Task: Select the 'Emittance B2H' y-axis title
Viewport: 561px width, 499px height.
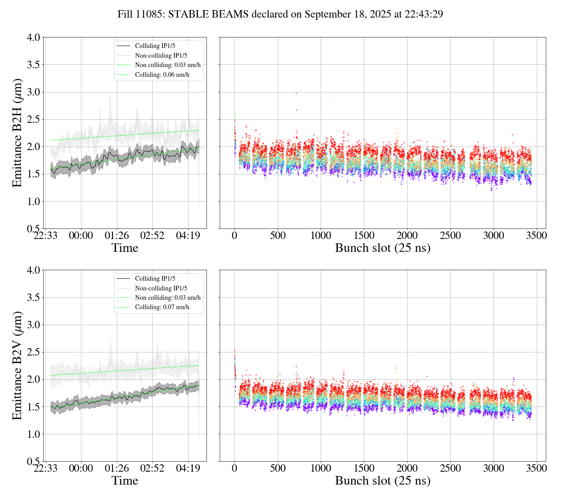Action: pyautogui.click(x=17, y=133)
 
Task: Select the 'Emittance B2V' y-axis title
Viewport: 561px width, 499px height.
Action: pyautogui.click(x=17, y=365)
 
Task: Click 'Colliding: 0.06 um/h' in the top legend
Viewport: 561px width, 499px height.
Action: pyautogui.click(x=162, y=74)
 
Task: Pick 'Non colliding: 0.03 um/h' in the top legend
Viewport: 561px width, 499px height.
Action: pyautogui.click(x=168, y=65)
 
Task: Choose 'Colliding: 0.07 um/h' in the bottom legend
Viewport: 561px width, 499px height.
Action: pyautogui.click(x=162, y=307)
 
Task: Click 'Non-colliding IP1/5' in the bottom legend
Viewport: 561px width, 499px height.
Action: pyautogui.click(x=161, y=288)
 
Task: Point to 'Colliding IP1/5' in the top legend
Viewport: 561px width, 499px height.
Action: pyautogui.click(x=155, y=46)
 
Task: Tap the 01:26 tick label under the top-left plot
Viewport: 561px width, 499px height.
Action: pyautogui.click(x=116, y=236)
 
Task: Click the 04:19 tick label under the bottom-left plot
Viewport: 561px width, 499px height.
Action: pyautogui.click(x=188, y=468)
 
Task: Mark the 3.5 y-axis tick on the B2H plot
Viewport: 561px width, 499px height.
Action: pyautogui.click(x=33, y=65)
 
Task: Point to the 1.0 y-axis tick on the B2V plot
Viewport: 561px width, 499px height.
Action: pyautogui.click(x=33, y=434)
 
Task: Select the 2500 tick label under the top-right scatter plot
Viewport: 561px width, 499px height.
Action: pyautogui.click(x=450, y=236)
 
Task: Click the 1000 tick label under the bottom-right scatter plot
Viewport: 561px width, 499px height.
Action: pyautogui.click(x=321, y=468)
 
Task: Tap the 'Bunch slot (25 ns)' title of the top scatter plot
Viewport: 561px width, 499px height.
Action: pyautogui.click(x=383, y=248)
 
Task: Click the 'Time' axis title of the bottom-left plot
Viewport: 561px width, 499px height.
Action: pyautogui.click(x=125, y=481)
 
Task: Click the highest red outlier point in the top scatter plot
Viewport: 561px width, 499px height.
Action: pyautogui.click(x=296, y=93)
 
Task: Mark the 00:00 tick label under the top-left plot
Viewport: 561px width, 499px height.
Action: pyautogui.click(x=81, y=236)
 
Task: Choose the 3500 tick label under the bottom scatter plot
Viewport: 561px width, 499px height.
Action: pyautogui.click(x=536, y=468)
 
